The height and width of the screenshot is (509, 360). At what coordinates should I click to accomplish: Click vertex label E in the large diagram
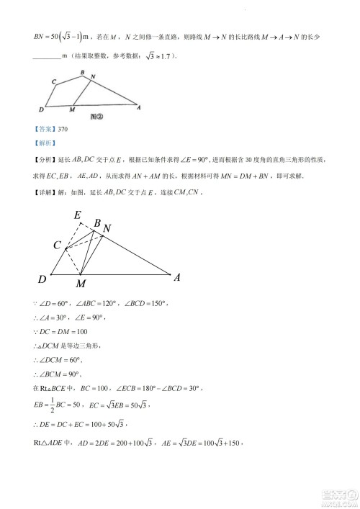point(77,215)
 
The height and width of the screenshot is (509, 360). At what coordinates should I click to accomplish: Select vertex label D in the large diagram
point(42,279)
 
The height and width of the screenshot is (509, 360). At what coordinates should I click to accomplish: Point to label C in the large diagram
point(57,246)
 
